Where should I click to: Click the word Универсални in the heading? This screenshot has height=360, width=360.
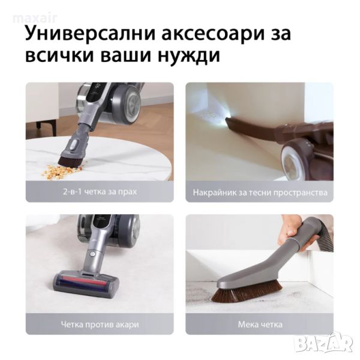(x=91, y=34)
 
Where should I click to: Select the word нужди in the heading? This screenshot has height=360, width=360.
(x=189, y=55)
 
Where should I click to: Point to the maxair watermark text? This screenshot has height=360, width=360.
(x=35, y=19)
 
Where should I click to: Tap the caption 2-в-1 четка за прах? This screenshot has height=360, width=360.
(x=100, y=192)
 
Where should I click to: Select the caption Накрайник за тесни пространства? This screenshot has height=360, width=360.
(x=260, y=193)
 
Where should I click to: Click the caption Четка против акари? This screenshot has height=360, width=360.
(x=100, y=325)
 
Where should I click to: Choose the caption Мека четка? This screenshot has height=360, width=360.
(x=260, y=325)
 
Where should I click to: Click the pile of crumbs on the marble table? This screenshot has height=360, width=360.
(x=62, y=170)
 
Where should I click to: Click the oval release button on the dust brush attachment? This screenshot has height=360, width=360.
(x=73, y=145)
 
